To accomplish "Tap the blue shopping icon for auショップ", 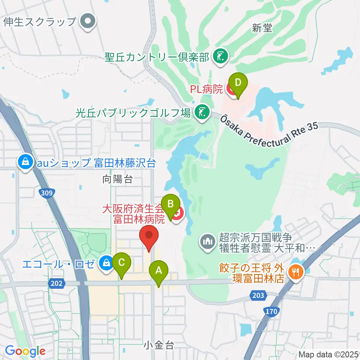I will pos(25,162).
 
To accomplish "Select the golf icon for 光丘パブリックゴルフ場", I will pos(202,112).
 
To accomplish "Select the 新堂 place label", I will pos(262,28).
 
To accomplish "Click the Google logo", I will pos(25,351).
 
